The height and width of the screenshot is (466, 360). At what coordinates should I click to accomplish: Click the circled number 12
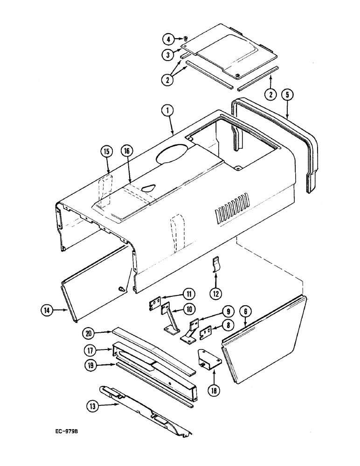pos(215,294)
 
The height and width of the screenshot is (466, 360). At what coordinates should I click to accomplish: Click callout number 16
pos(126,151)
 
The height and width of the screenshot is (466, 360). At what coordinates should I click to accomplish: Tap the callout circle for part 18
pos(214,378)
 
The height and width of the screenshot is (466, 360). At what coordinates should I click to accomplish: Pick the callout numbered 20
pos(90,333)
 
